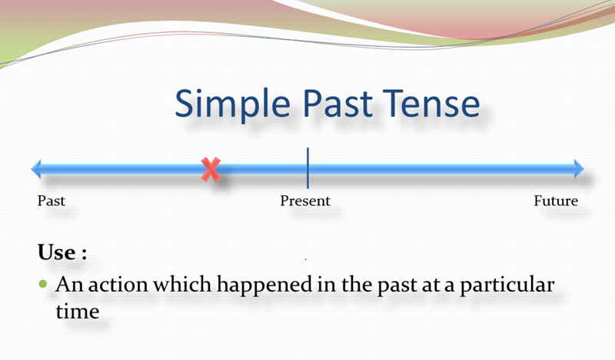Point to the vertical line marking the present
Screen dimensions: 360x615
[x=307, y=168]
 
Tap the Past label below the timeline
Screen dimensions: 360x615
[x=52, y=202]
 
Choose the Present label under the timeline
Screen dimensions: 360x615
[x=305, y=202]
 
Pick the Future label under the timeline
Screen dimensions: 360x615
[x=556, y=202]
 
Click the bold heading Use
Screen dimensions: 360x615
[x=55, y=252]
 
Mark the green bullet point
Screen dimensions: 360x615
[x=42, y=284]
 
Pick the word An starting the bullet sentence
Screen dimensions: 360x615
[x=68, y=285]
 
